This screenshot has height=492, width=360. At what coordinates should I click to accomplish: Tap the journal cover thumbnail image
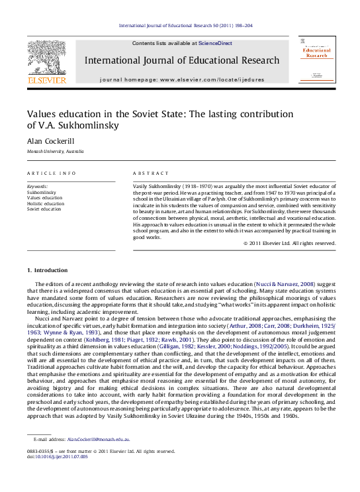[316, 59]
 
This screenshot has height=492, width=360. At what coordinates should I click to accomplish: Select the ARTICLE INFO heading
[52, 173]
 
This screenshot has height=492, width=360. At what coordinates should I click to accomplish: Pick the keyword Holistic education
[46, 203]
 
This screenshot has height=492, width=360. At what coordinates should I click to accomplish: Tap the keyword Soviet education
[44, 209]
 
